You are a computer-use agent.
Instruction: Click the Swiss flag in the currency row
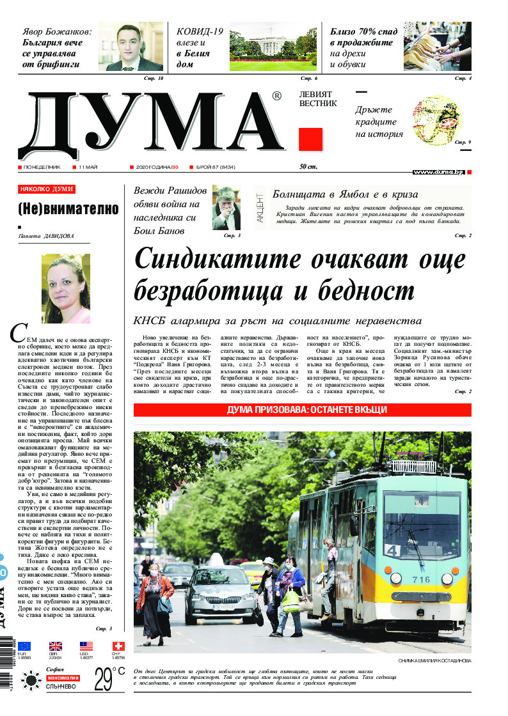118,646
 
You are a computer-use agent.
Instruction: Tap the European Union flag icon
24,646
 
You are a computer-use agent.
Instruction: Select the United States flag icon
86,646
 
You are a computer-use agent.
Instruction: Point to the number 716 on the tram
421,580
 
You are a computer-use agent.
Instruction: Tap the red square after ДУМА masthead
310,139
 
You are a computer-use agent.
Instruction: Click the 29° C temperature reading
109,678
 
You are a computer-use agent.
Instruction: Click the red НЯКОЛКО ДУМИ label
47,189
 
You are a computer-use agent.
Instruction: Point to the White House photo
273,47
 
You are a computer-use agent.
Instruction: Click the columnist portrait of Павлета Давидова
66,288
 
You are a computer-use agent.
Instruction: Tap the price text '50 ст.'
308,167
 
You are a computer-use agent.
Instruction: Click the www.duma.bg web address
438,172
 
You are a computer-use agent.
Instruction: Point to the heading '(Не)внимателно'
68,208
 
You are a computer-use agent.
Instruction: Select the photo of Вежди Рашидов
226,208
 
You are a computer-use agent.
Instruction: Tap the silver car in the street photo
219,594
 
